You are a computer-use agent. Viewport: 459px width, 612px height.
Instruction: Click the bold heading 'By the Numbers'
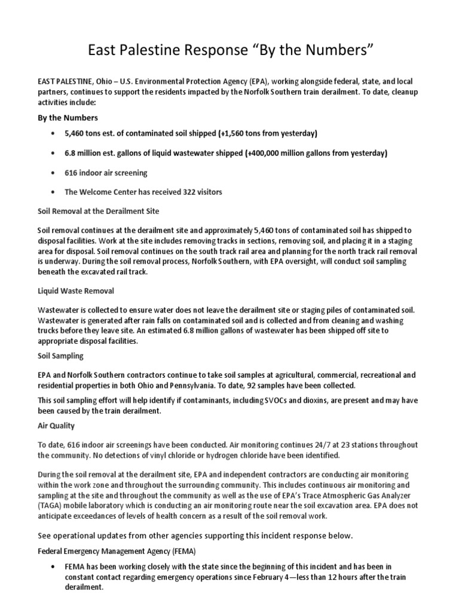[x=68, y=118]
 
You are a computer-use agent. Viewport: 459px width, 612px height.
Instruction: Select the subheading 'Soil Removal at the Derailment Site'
[x=99, y=211]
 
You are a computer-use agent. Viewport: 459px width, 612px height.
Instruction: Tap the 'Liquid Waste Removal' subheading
[x=76, y=291]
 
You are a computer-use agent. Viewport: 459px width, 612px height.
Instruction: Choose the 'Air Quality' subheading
[x=56, y=426]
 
